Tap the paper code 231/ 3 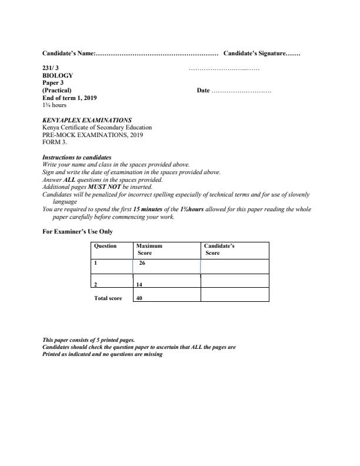[x=51, y=69]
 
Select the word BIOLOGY [x=58, y=76]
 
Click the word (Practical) [x=57, y=91]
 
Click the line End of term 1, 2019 [x=69, y=98]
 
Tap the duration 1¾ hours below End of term [x=54, y=105]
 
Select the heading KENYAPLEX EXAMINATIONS [x=87, y=120]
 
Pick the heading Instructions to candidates [x=77, y=158]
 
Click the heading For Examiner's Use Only [x=78, y=232]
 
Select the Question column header [x=105, y=246]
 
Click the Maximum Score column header [x=149, y=249]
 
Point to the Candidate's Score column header [x=219, y=249]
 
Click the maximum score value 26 [x=142, y=263]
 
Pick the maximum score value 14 [x=139, y=285]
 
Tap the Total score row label [x=108, y=298]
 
